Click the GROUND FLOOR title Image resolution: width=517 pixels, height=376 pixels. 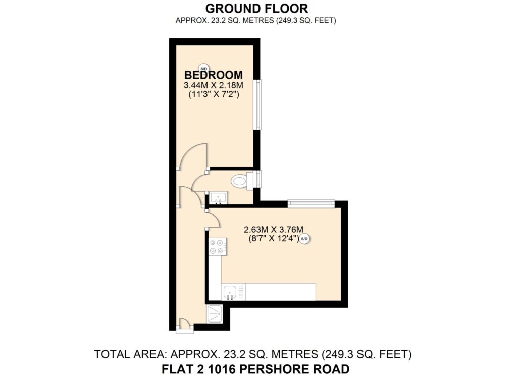click(256, 8)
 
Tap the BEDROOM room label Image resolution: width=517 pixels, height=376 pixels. click(214, 75)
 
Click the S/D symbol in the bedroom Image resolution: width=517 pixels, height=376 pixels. click(203, 68)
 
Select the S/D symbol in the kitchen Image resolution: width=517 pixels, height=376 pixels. click(304, 239)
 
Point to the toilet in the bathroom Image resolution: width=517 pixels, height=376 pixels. click(243, 180)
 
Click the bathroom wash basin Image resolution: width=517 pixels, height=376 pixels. click(218, 197)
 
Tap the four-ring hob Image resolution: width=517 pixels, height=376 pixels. click(218, 247)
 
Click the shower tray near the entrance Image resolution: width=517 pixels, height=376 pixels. click(215, 314)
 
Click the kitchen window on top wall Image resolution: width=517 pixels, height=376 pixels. click(311, 204)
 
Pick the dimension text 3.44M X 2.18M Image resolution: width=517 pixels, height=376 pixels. click(214, 85)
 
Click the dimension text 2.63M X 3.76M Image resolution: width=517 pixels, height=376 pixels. click(273, 229)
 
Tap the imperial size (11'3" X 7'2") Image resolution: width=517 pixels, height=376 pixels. click(214, 94)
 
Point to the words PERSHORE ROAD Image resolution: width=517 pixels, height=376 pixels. click(294, 369)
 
